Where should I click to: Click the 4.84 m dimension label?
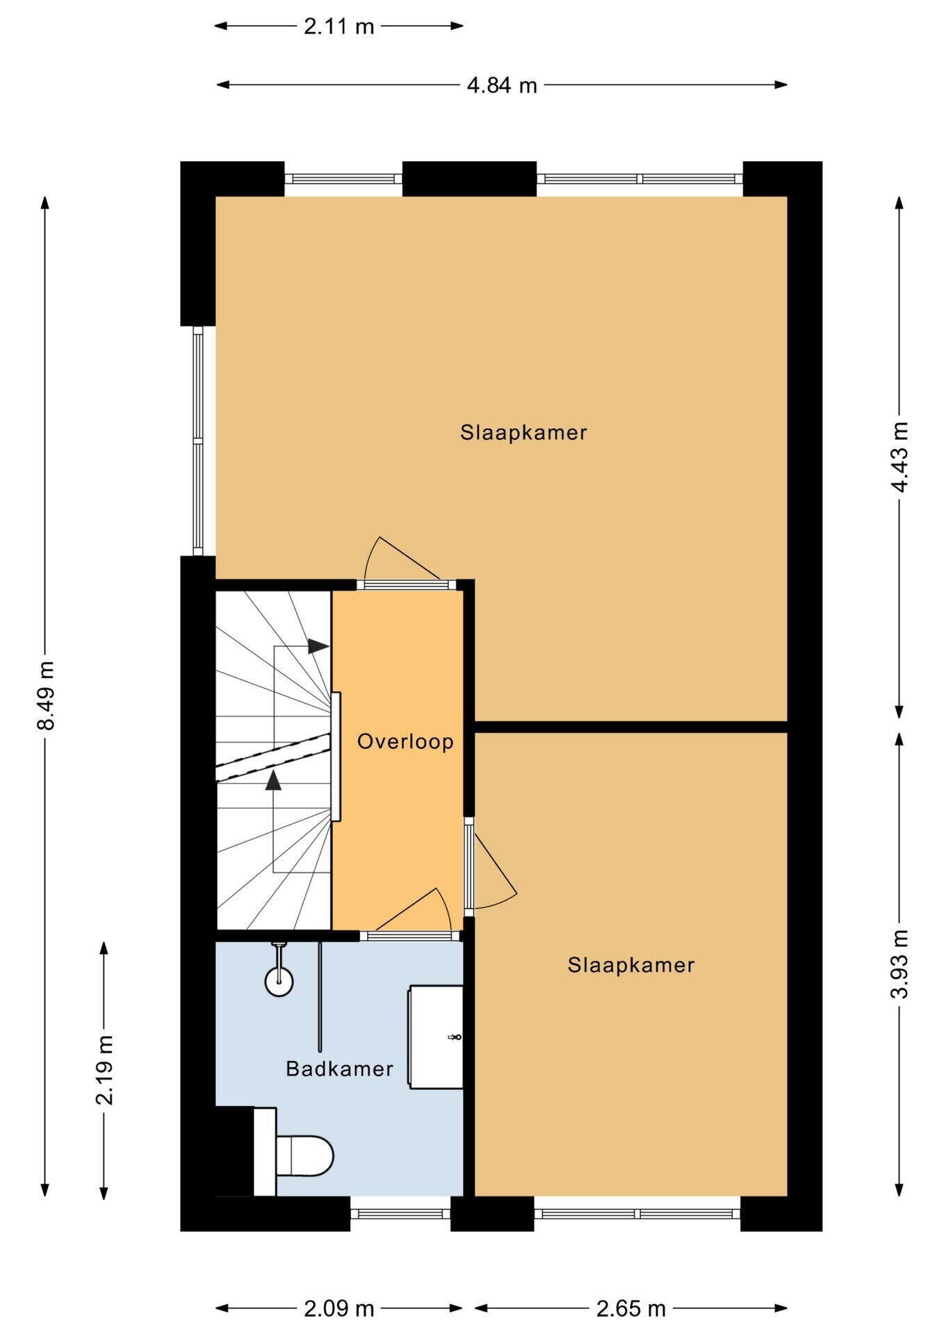coord(502,85)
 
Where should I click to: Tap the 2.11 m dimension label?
coord(339,26)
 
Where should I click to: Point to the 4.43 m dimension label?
coord(900,457)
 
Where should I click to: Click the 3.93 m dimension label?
coord(900,964)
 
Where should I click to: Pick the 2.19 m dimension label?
coord(104,1070)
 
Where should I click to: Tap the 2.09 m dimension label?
coord(339,1309)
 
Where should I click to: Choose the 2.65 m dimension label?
coord(631,1309)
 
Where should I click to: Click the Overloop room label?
coord(405,742)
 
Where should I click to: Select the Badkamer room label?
coord(339,1069)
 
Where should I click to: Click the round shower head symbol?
coord(279,981)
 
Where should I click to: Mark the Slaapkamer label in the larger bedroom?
coord(523,433)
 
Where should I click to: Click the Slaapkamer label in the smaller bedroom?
coord(631,965)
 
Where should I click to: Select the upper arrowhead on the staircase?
coord(318,645)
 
